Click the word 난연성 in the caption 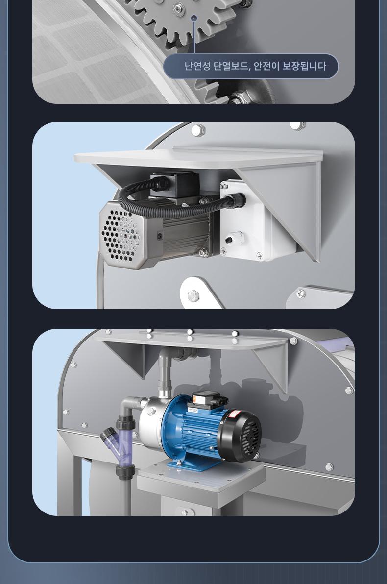click(x=198, y=66)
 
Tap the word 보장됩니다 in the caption click(x=304, y=66)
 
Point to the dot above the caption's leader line click(x=193, y=18)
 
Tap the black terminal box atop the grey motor click(x=173, y=184)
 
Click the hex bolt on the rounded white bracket click(x=193, y=296)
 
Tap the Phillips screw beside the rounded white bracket click(x=301, y=294)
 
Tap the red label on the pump click(x=234, y=414)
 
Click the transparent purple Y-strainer click(x=119, y=447)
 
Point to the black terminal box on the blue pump click(x=207, y=401)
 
